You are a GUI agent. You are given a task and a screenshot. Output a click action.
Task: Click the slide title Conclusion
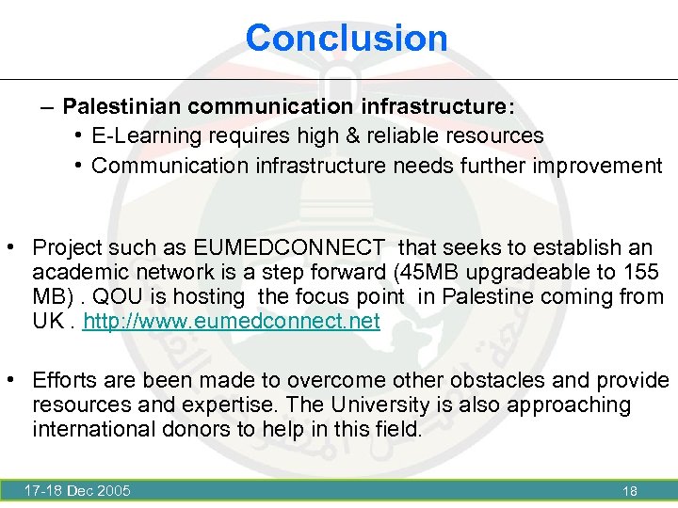coord(347,38)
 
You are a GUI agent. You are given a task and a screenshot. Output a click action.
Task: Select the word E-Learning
coord(147,135)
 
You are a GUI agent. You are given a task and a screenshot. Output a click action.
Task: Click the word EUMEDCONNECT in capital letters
coord(289,248)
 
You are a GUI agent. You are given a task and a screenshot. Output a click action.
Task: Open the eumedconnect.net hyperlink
coord(232,322)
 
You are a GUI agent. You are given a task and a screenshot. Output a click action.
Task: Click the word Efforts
coord(66,380)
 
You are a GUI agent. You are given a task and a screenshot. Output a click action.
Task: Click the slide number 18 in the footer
coord(630,491)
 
